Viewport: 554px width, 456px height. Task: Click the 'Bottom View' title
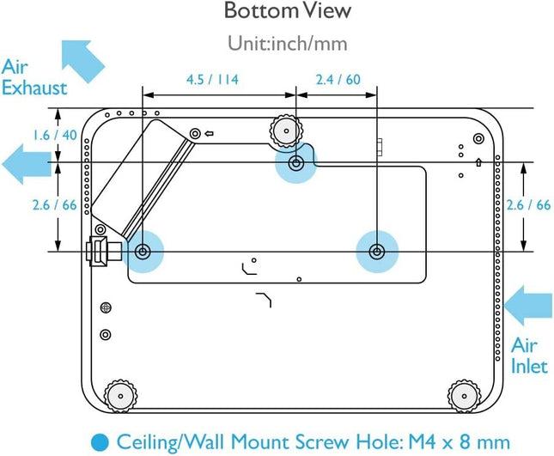click(277, 12)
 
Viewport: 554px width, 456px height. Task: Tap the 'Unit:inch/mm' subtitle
click(277, 42)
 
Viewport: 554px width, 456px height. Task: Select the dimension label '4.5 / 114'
click(212, 80)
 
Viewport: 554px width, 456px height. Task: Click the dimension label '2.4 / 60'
click(340, 80)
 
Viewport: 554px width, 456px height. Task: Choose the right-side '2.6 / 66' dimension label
click(529, 204)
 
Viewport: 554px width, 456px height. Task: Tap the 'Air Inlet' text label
click(530, 356)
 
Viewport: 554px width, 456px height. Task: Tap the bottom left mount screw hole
click(143, 251)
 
